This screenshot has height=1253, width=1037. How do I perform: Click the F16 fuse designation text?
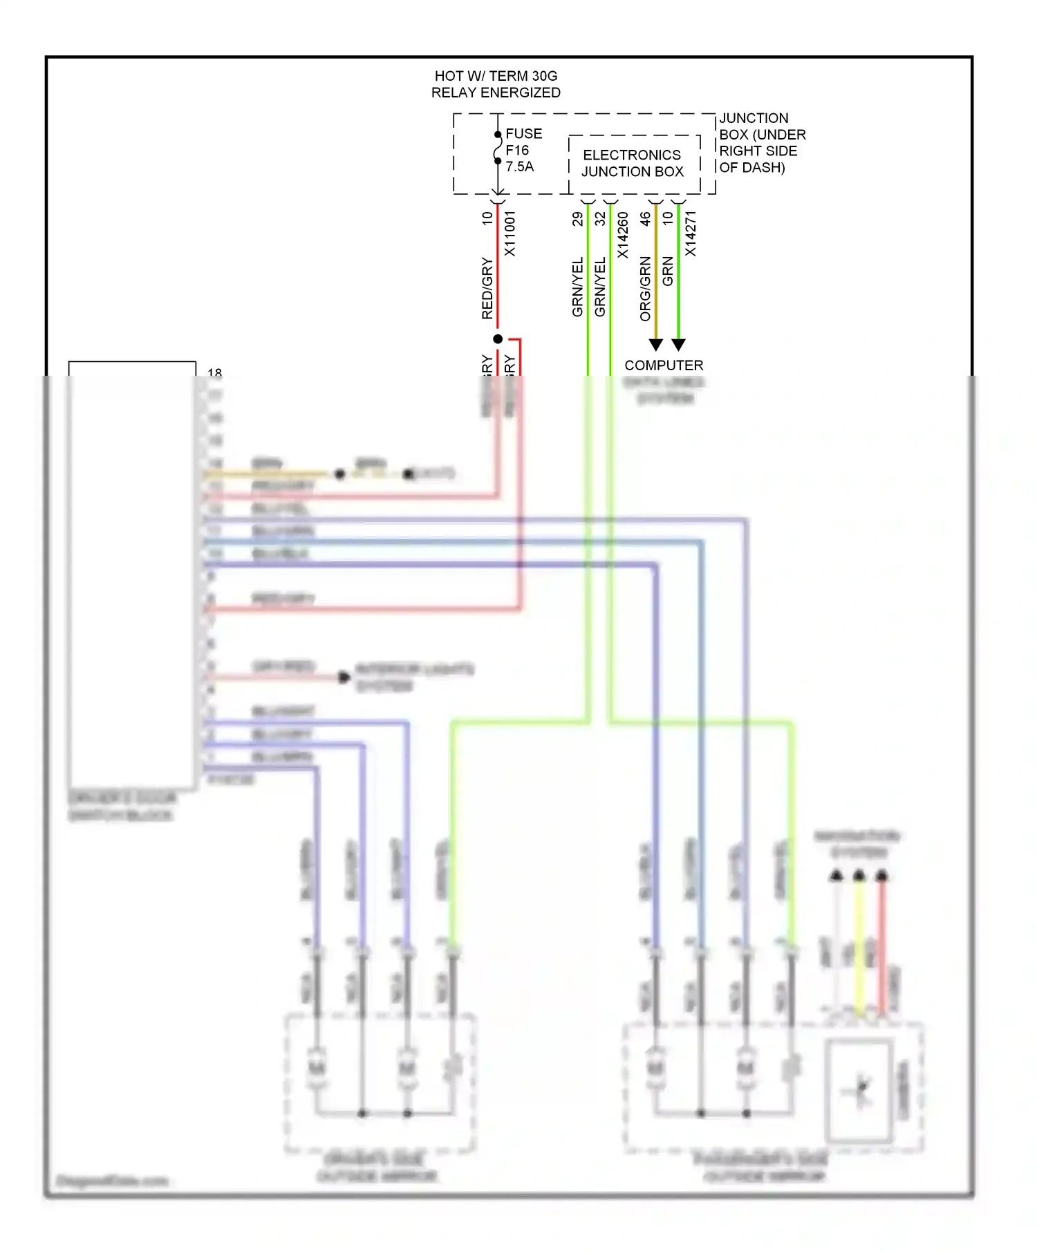516,150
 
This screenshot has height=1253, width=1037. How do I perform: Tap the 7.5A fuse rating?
519,166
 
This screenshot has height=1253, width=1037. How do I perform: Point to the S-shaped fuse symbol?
497,148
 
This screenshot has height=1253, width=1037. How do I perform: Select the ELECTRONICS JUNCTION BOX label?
632,163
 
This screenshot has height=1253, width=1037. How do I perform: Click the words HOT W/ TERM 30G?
496,76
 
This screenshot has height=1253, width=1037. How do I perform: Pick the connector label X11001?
510,233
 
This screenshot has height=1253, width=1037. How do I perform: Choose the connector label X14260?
622,235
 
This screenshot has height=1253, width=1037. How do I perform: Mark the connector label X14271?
690,233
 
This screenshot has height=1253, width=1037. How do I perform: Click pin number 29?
577,219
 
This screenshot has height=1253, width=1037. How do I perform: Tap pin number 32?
600,219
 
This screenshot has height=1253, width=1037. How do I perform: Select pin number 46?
645,219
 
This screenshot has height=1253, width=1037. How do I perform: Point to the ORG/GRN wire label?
645,289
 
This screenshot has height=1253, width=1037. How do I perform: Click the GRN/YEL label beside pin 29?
577,287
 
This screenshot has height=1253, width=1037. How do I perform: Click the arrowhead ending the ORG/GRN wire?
656,344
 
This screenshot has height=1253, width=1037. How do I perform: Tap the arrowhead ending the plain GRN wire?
679,344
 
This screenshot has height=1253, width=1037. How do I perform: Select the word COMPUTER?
664,365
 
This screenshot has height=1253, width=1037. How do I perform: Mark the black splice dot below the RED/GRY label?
498,338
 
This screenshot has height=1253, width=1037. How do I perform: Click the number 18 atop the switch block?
214,372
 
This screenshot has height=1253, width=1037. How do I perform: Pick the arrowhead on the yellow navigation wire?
859,876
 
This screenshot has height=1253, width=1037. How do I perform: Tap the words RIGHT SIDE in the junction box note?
758,151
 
